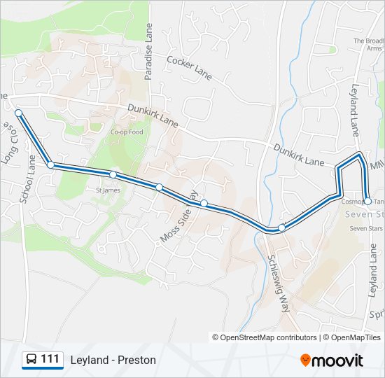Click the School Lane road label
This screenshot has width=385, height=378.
(x=27, y=180)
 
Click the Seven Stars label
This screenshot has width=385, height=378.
(x=365, y=228)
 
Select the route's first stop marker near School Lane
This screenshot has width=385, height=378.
(x=18, y=113)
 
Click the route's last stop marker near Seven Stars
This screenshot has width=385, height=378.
(x=367, y=201)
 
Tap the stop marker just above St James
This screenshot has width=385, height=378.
(x=113, y=174)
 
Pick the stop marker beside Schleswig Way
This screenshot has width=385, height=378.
(x=281, y=227)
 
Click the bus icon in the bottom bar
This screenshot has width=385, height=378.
(x=31, y=360)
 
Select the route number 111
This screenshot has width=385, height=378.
(x=50, y=360)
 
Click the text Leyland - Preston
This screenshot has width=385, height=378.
(x=113, y=360)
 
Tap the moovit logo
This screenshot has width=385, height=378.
(x=332, y=360)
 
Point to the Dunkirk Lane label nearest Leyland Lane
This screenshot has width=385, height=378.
(x=299, y=156)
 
